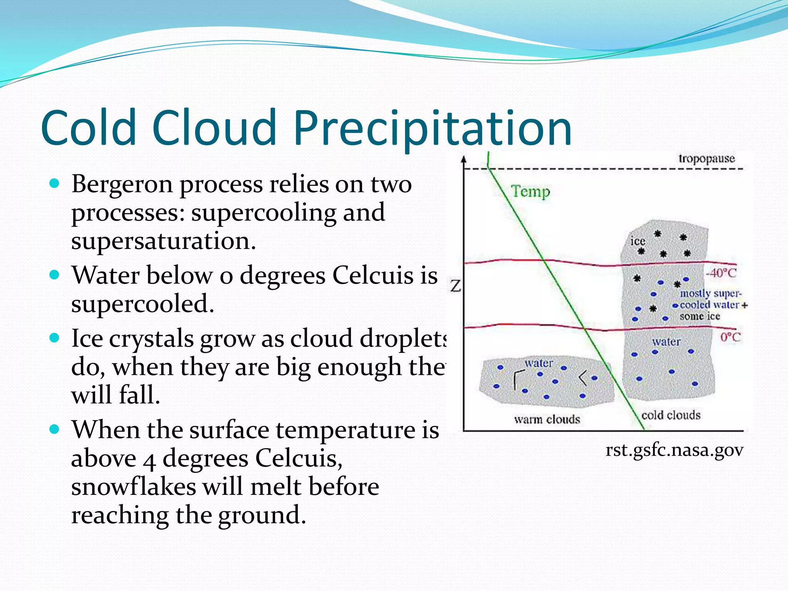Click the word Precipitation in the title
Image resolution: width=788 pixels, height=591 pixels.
coord(432,128)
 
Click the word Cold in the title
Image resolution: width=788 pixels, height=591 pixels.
coord(89,128)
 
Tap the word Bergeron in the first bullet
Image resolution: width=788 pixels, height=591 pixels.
coord(122,185)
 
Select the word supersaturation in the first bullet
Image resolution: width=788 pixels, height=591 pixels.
coord(163,241)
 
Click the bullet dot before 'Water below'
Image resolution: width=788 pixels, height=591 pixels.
coord(55,275)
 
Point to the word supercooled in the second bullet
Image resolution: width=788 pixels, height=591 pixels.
coord(142,304)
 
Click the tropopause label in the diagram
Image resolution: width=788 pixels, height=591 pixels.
coord(706,159)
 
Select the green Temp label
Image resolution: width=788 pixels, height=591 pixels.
coord(531,191)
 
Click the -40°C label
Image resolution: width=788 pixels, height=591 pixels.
coord(721,273)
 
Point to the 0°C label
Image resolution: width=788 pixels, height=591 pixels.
coord(730,337)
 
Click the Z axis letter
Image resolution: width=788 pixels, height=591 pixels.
coord(456,286)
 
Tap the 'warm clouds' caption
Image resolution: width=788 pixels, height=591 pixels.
coord(547,419)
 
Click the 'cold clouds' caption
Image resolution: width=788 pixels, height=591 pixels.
coord(671,415)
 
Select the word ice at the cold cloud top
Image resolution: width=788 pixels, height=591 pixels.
coord(638,241)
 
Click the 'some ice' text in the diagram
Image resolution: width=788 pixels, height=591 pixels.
coord(700,316)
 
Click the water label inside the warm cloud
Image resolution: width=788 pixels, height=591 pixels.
coord(539,363)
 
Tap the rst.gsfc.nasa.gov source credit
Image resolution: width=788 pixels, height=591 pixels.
coord(674,450)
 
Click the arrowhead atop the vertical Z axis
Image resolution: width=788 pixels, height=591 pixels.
coord(464,159)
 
